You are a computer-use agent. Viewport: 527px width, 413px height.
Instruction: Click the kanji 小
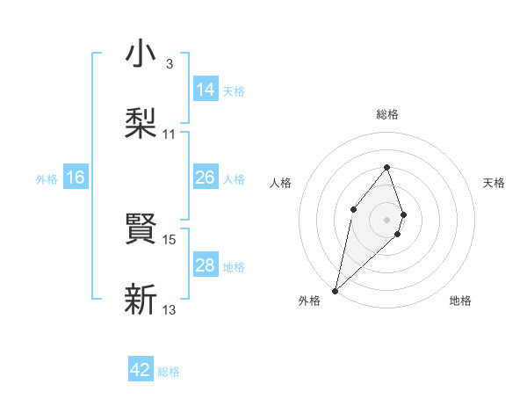coord(141,54)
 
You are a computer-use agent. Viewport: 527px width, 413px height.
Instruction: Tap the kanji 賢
coord(141,229)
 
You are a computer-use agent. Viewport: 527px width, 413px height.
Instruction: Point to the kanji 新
coord(141,300)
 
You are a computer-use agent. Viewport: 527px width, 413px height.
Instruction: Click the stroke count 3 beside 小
coord(170,64)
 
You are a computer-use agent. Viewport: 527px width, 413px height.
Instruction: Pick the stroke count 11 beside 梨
coord(170,134)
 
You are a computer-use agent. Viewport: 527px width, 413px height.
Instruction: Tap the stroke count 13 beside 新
coord(170,309)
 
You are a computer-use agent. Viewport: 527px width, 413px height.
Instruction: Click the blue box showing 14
coord(206,90)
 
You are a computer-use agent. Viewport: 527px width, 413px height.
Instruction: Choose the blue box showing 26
coord(206,178)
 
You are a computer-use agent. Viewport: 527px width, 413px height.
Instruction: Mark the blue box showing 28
coord(206,265)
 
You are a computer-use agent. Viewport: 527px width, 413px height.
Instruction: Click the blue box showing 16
coord(76,178)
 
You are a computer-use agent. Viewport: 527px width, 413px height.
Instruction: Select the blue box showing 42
coord(141,370)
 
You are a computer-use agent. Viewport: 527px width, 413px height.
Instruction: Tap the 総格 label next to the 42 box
coord(169,372)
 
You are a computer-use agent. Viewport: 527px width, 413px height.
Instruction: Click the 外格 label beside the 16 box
coord(47,179)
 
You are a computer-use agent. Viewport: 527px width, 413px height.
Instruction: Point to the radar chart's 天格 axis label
coord(495,183)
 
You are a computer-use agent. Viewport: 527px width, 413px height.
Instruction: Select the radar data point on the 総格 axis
coord(386,167)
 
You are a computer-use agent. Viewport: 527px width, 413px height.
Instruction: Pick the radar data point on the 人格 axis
coord(353,208)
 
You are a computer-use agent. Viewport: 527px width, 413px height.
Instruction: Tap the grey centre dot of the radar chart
coord(386,219)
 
